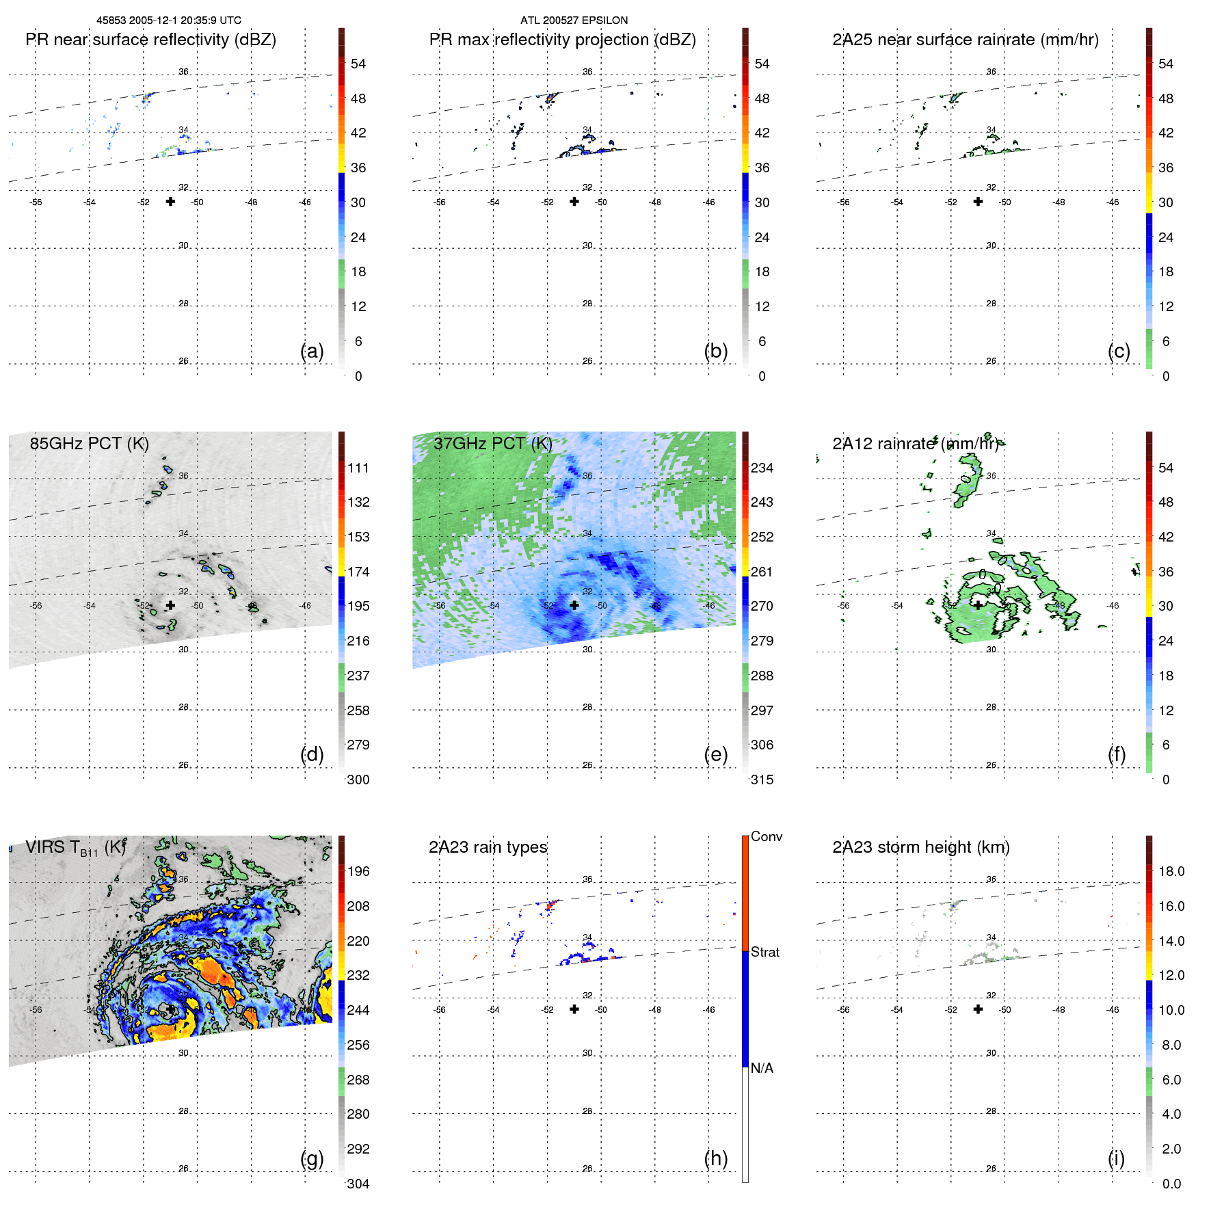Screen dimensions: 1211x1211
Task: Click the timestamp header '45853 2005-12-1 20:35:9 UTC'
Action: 168,21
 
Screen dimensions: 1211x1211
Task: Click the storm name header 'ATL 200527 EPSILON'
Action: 574,21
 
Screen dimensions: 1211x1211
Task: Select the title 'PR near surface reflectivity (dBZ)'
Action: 150,40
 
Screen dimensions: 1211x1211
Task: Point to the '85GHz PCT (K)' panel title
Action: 89,443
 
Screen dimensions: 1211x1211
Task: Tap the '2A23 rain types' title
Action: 488,847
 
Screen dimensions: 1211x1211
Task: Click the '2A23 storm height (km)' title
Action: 920,847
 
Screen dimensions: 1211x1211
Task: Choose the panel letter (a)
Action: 312,351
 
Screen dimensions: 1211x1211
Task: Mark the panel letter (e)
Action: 715,754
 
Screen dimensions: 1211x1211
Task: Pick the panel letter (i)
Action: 1116,1158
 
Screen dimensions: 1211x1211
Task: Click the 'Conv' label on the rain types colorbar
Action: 766,836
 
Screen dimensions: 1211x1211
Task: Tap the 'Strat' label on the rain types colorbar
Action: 764,952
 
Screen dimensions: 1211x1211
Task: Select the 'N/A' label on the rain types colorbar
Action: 762,1068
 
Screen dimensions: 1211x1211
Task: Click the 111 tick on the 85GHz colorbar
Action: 358,468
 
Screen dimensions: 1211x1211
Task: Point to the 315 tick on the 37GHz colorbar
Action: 762,780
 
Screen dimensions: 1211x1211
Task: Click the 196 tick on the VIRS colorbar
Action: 358,871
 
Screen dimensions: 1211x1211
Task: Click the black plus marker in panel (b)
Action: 574,201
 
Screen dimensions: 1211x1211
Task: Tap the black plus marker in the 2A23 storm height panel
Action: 978,1009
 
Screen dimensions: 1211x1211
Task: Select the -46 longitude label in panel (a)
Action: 304,202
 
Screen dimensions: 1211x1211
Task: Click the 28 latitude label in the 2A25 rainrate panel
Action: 991,304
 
